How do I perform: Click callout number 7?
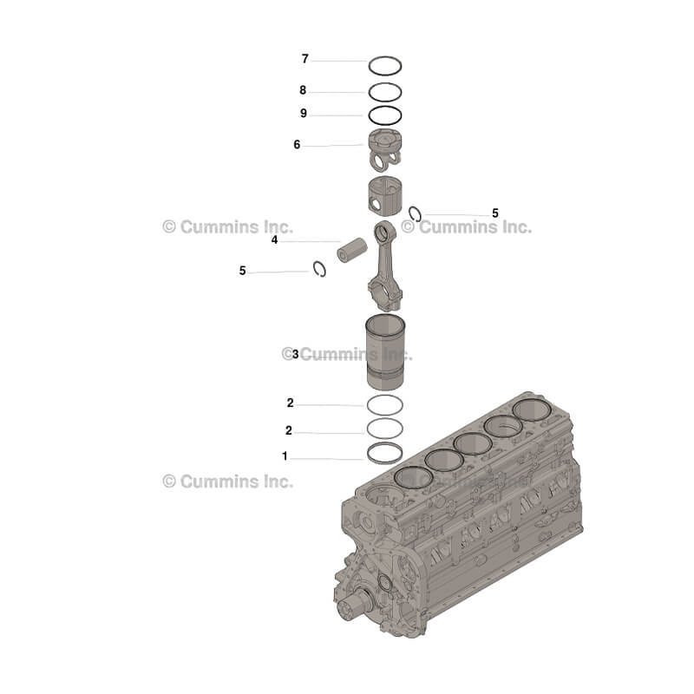[x=305, y=59]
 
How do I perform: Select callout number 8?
[x=303, y=90]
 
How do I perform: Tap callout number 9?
[x=304, y=114]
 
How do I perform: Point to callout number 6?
[x=297, y=145]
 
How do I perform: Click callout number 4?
[x=274, y=240]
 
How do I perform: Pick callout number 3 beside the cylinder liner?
[x=295, y=354]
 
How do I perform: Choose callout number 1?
[x=285, y=456]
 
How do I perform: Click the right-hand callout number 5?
[x=495, y=213]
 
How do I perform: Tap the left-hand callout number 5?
[x=243, y=271]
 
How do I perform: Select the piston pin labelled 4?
[x=352, y=250]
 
